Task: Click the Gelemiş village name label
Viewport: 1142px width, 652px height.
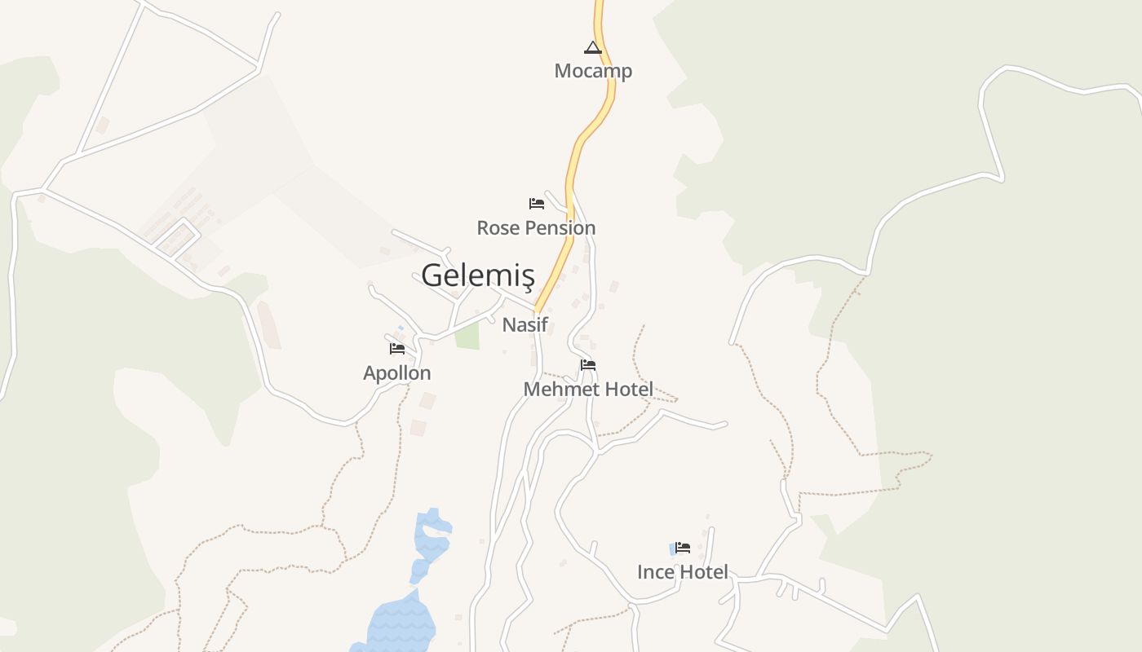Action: [477, 275]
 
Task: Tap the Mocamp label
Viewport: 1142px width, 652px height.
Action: [593, 71]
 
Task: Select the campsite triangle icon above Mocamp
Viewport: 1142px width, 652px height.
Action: [592, 47]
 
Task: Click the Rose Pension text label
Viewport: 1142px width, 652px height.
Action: [536, 228]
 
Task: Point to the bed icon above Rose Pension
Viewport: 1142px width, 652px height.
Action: [536, 203]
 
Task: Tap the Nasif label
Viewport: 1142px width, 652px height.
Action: [525, 324]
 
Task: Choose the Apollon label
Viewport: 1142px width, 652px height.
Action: [396, 373]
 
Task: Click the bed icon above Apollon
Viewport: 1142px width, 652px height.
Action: [397, 349]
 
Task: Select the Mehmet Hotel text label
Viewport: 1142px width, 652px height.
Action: [588, 390]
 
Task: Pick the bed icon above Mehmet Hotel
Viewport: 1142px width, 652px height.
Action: [588, 365]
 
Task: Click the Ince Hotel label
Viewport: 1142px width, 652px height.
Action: [682, 572]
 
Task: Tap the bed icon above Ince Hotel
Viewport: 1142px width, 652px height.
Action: [683, 548]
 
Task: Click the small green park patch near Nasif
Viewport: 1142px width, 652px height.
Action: [467, 336]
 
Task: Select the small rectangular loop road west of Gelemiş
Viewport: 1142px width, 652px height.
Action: [176, 238]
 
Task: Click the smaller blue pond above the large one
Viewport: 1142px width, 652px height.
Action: [430, 538]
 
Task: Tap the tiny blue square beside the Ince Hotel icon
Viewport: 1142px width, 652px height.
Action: [673, 549]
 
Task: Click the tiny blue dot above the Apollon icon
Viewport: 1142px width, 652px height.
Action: [401, 328]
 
